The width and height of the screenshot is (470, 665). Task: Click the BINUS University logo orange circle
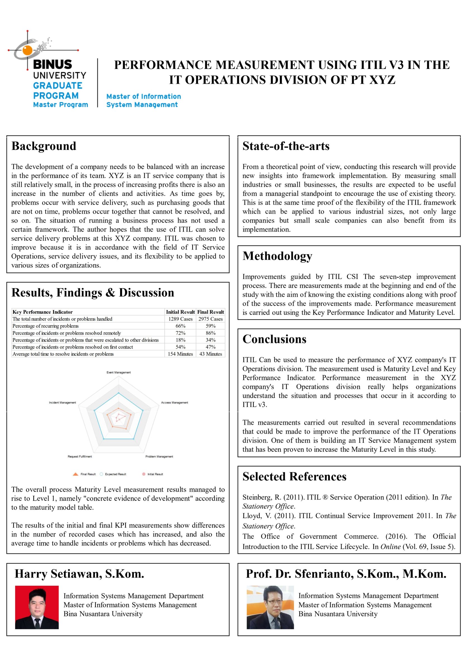pos(28,50)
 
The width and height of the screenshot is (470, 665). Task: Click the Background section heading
pos(44,146)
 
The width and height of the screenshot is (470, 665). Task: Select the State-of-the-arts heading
pos(286,146)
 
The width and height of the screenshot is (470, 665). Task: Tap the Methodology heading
pos(277,256)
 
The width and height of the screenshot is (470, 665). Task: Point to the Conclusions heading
pos(274,339)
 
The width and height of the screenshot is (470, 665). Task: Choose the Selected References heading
pos(294,477)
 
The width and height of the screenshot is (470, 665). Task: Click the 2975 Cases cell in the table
pos(211,319)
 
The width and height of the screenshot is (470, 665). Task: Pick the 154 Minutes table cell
pos(180,354)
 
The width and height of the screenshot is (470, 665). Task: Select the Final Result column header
pos(211,312)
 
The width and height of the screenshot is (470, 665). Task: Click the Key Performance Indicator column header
pos(42,312)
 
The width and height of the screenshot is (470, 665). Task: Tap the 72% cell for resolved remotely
pos(180,333)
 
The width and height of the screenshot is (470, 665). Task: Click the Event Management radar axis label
pos(118,373)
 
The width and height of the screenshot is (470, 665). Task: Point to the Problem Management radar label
pos(159,456)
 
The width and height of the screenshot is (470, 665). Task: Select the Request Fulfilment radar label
pos(80,456)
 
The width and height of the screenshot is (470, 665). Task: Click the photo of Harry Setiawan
pos(37,607)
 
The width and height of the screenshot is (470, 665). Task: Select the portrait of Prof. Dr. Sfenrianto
pos(270,607)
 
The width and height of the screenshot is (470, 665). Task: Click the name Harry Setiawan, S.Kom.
pos(79,574)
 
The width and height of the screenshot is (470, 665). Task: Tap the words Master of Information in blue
pos(144,96)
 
